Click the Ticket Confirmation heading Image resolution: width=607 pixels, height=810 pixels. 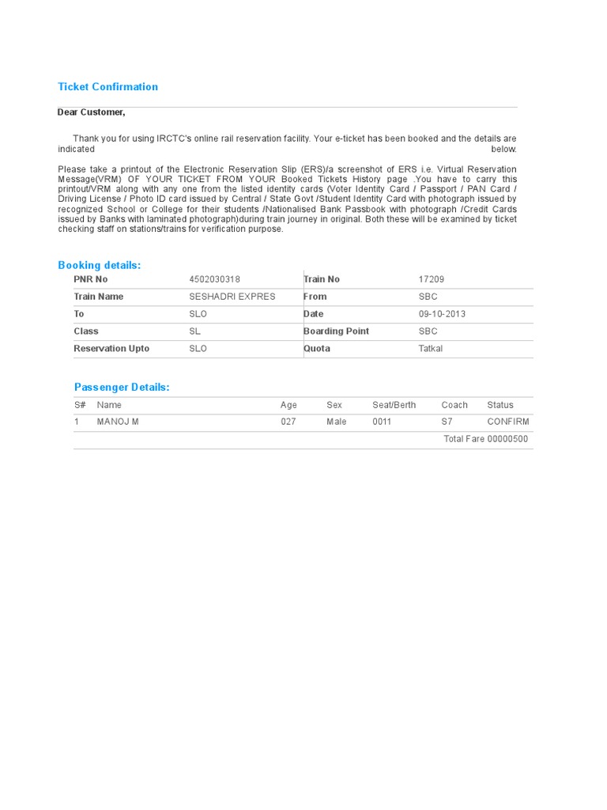tap(107, 87)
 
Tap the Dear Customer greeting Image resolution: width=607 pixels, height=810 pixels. tap(91, 112)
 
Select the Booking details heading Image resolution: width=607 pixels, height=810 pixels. tap(100, 265)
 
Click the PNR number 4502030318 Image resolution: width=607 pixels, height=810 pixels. tap(214, 279)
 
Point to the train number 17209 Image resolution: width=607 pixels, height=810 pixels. tap(431, 279)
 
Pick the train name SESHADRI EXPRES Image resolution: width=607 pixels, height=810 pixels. tap(232, 297)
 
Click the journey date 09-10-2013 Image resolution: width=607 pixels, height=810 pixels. tap(442, 314)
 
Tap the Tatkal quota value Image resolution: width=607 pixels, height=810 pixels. tap(431, 349)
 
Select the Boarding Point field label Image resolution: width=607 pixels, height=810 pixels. tap(336, 331)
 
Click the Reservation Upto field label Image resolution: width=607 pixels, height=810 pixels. tap(111, 349)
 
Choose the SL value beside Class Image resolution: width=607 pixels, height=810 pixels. tap(194, 331)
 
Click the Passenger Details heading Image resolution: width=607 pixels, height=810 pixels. tap(122, 387)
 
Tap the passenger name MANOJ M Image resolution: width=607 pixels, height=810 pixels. tap(118, 422)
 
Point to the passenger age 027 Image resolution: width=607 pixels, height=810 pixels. tap(288, 422)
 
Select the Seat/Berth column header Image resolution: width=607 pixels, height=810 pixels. tap(394, 405)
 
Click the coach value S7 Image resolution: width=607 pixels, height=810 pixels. tap(447, 422)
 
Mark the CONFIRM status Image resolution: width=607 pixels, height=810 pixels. tap(508, 422)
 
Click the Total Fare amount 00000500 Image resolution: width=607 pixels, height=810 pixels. tap(507, 439)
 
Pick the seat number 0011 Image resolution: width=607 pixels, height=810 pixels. tap(382, 422)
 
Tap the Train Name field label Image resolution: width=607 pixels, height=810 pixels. tap(99, 297)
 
